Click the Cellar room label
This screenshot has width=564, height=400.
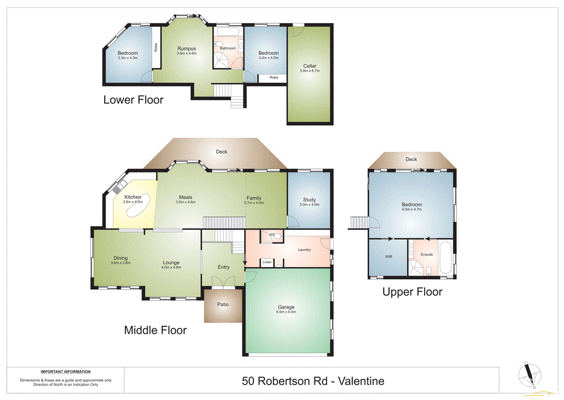(309, 66)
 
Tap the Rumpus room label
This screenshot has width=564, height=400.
(186, 48)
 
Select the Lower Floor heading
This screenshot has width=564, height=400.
(133, 100)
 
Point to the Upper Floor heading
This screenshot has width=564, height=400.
(412, 292)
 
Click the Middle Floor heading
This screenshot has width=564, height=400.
(155, 331)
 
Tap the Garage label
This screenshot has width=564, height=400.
(286, 307)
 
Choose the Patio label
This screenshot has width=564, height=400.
(223, 305)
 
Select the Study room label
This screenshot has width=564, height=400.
(309, 200)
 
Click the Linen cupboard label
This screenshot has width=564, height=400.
(267, 262)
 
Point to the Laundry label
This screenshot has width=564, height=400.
(304, 250)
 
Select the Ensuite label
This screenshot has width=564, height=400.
(426, 255)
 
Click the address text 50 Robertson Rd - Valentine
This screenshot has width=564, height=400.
(313, 381)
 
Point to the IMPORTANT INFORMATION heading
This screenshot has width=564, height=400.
(66, 372)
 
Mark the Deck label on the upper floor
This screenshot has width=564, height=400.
(411, 159)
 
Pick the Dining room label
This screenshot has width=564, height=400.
(120, 258)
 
